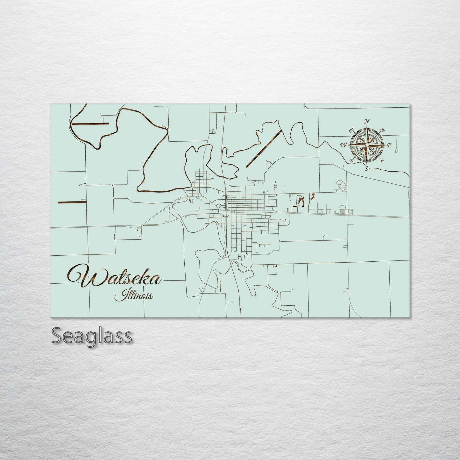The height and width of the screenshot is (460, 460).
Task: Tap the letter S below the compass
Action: tap(367, 168)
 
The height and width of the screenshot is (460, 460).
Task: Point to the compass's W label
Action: tap(344, 145)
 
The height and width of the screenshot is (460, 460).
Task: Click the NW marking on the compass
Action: tap(351, 130)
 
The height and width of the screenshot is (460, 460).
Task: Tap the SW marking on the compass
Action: tap(351, 160)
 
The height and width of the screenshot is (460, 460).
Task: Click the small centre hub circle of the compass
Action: tap(367, 145)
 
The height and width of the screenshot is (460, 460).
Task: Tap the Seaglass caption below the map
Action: tap(91, 336)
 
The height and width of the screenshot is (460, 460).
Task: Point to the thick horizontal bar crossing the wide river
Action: tap(91, 124)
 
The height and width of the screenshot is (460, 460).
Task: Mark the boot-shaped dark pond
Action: tap(312, 197)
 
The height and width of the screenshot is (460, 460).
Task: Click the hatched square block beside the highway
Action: tap(342, 209)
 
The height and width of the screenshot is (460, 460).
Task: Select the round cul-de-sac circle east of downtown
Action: tap(285, 220)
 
